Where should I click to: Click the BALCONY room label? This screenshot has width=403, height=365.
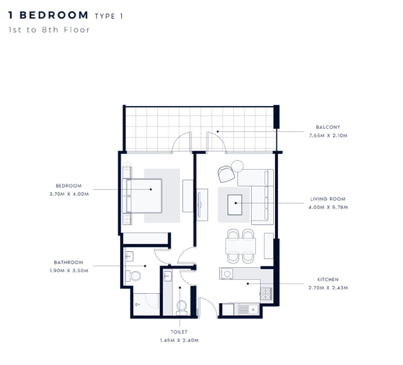click(x=328, y=127)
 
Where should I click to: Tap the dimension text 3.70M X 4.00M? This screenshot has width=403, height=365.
click(x=69, y=194)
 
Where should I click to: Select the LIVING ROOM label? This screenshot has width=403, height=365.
click(x=328, y=199)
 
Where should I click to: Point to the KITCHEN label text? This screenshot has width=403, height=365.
click(x=328, y=279)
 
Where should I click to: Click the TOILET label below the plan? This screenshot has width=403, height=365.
click(x=179, y=332)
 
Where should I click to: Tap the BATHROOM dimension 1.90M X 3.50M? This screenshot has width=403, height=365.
click(x=69, y=271)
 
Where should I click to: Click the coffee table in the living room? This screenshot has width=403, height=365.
click(x=235, y=205)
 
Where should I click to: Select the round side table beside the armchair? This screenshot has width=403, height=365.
click(x=237, y=166)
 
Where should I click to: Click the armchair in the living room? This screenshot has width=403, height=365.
click(x=226, y=174)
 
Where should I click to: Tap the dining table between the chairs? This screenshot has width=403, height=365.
click(x=241, y=246)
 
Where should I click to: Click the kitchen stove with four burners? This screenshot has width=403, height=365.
click(x=265, y=294)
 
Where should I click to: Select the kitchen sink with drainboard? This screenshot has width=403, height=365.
click(x=248, y=309)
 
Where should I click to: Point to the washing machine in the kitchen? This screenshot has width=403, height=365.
click(x=226, y=274)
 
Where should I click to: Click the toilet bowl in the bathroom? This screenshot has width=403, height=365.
click(x=133, y=276)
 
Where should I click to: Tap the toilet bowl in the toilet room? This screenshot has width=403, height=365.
click(x=182, y=307)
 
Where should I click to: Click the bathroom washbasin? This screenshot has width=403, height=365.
click(x=129, y=257)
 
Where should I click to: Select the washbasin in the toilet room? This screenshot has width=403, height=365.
click(x=168, y=276)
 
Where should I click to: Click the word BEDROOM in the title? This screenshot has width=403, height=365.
click(x=54, y=15)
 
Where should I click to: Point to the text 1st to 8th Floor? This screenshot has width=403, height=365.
click(x=49, y=30)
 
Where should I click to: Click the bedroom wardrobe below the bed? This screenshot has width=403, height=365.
click(x=145, y=239)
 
